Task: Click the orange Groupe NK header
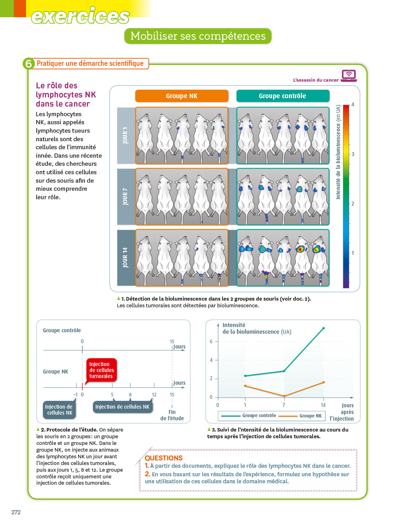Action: point(182,96)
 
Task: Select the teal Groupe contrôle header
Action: point(283,96)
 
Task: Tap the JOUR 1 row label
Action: point(126,136)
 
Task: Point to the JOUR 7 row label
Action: point(126,196)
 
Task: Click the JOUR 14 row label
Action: point(126,257)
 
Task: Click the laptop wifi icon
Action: point(348,75)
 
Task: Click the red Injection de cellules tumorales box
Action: point(101,370)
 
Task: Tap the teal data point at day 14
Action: point(323,328)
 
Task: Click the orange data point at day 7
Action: point(284,396)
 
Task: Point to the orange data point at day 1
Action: point(245,386)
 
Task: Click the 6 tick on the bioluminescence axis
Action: point(211,341)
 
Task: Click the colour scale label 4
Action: point(353,105)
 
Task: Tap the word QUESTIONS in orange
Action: point(164,458)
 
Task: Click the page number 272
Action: point(16,512)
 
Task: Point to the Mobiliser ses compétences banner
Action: point(198,36)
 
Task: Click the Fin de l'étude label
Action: point(172,415)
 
